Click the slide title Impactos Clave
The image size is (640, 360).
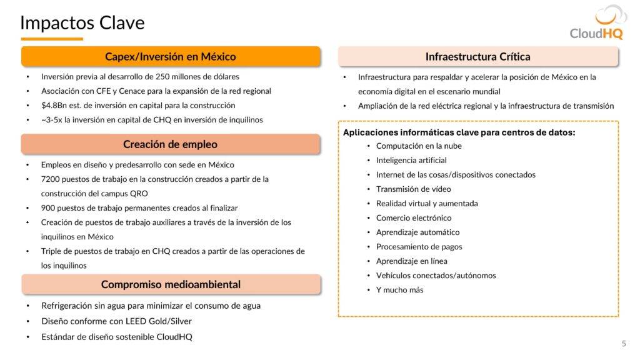point(82,22)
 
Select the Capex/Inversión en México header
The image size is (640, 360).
point(170,57)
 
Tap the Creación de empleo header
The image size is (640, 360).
point(170,144)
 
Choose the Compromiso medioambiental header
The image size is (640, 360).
point(170,284)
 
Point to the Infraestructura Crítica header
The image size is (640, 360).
point(477,57)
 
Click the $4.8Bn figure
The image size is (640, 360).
point(54,105)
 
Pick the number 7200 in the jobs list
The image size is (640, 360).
point(51,179)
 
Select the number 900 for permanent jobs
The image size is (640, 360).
point(48,208)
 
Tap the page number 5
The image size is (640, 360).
point(624,343)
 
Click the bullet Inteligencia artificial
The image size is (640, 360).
point(411,161)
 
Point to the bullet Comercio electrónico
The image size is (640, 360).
point(413,218)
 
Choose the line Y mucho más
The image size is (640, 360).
point(399,290)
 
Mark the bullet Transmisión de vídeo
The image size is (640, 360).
point(413,189)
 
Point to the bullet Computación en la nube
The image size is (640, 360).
point(419,146)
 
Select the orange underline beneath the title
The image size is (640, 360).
point(52,39)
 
